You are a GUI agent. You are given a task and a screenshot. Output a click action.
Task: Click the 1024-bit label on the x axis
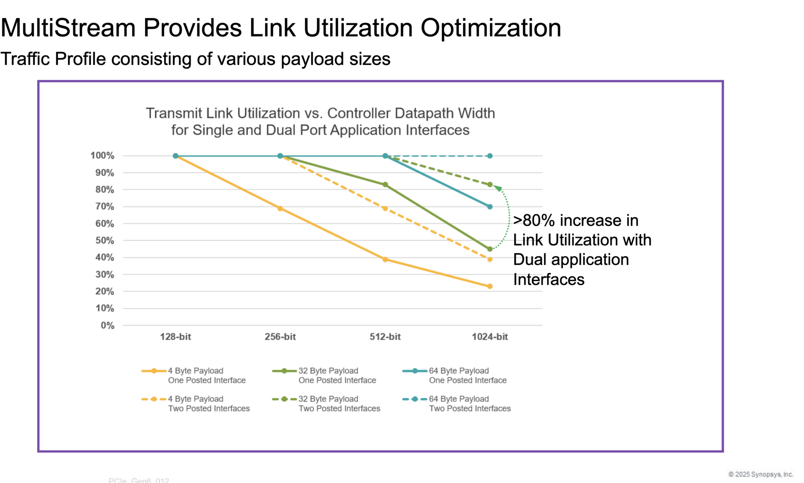pyautogui.click(x=490, y=336)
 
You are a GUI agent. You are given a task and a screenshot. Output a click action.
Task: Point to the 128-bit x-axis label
pyautogui.click(x=175, y=336)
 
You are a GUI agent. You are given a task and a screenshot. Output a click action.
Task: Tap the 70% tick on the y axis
pyautogui.click(x=105, y=206)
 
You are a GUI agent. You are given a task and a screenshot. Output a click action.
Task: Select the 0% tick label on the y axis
pyautogui.click(x=107, y=325)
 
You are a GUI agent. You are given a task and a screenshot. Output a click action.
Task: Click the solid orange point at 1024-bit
pyautogui.click(x=490, y=286)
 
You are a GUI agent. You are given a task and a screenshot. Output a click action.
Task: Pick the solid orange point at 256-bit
pyautogui.click(x=280, y=208)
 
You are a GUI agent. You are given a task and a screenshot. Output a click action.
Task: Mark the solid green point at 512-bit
pyautogui.click(x=385, y=185)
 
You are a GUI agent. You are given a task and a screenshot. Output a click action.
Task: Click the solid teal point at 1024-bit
pyautogui.click(x=490, y=206)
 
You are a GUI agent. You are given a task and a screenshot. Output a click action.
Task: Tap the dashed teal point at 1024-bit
pyautogui.click(x=490, y=156)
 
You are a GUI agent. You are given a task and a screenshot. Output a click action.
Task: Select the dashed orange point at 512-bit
pyautogui.click(x=385, y=208)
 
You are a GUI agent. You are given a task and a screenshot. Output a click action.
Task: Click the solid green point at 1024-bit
pyautogui.click(x=490, y=249)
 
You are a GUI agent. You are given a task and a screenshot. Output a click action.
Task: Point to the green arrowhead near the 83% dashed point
pyautogui.click(x=498, y=188)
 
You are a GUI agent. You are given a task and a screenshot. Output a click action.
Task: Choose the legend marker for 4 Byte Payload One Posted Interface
pyautogui.click(x=154, y=371)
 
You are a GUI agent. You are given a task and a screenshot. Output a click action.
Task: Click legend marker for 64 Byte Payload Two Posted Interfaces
pyautogui.click(x=414, y=399)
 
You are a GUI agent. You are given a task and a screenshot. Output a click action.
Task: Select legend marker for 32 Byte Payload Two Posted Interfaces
pyautogui.click(x=284, y=399)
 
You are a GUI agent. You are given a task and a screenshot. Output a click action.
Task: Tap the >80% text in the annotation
pyautogui.click(x=534, y=221)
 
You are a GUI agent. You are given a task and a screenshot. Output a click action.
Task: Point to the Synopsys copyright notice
pyautogui.click(x=761, y=474)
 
